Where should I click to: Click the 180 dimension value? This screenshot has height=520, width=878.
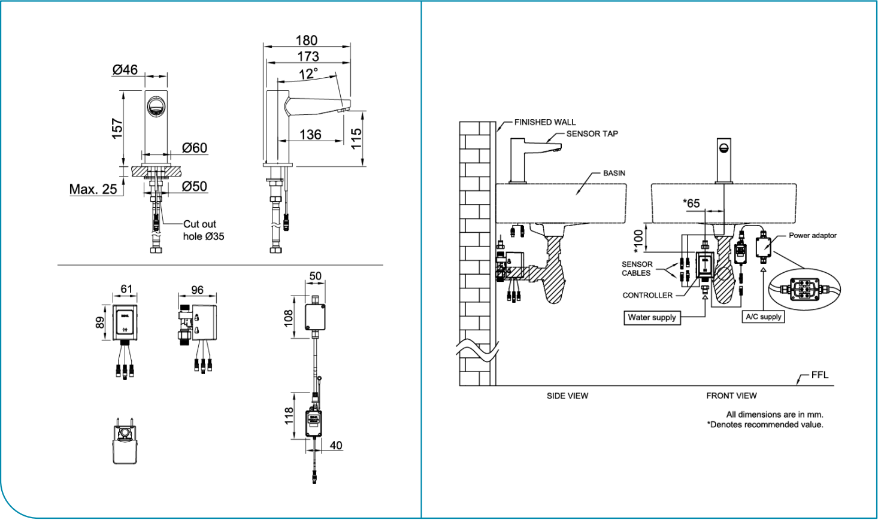(307, 40)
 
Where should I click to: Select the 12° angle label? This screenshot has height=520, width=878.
(308, 74)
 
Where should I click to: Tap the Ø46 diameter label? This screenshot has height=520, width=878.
(125, 69)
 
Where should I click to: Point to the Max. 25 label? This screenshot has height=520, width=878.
(93, 189)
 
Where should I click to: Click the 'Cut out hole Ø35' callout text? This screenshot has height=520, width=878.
(204, 230)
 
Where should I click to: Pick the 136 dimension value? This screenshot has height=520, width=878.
(310, 135)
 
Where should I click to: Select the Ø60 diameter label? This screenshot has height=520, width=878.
(195, 148)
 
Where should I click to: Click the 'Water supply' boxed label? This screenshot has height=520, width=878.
(652, 318)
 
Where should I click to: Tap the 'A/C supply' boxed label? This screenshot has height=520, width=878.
(764, 317)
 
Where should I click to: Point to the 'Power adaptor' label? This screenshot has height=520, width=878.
(813, 235)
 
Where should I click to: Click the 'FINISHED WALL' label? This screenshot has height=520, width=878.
(545, 122)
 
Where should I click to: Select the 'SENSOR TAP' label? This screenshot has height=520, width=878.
(592, 133)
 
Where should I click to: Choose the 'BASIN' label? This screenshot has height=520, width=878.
(614, 173)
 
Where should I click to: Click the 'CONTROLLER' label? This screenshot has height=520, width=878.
(647, 295)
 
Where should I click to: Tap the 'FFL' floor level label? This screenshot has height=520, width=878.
(820, 375)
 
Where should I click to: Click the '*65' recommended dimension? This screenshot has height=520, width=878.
(691, 203)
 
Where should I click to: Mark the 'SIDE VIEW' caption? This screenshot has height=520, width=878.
(567, 396)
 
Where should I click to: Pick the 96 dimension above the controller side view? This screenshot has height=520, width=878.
(197, 290)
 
